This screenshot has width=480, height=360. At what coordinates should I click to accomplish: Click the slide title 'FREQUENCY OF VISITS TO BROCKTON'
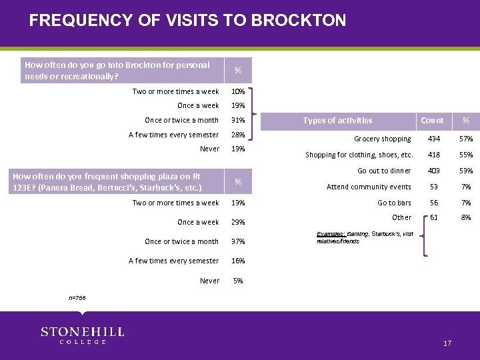point(187,20)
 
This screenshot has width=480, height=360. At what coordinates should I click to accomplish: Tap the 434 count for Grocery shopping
point(432,139)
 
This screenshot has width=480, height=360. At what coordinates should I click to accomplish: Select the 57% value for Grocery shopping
point(466,139)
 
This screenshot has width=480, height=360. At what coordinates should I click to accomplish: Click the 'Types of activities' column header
point(337,121)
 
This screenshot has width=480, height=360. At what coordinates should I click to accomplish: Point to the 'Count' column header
point(432,121)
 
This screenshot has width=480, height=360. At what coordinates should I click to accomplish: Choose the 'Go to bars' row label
point(395,203)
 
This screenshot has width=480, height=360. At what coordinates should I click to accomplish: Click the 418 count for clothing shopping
point(432,155)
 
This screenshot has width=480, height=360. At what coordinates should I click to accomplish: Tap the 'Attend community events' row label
point(369,187)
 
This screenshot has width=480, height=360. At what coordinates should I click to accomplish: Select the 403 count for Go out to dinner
point(432,171)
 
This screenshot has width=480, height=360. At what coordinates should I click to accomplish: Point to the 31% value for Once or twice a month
point(238,121)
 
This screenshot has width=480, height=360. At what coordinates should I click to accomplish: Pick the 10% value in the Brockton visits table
point(238,92)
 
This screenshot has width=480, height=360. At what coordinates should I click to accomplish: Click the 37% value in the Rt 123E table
point(238,241)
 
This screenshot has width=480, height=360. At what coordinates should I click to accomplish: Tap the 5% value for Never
point(238,281)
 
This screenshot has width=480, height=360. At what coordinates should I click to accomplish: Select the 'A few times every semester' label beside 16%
point(173,261)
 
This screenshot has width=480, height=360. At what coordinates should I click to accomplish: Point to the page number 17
point(447,343)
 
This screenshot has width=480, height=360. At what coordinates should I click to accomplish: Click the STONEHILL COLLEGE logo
point(82,335)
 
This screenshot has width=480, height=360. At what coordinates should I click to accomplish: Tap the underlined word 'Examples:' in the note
point(331,235)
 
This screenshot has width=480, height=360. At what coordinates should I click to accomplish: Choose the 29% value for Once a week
point(238,222)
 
